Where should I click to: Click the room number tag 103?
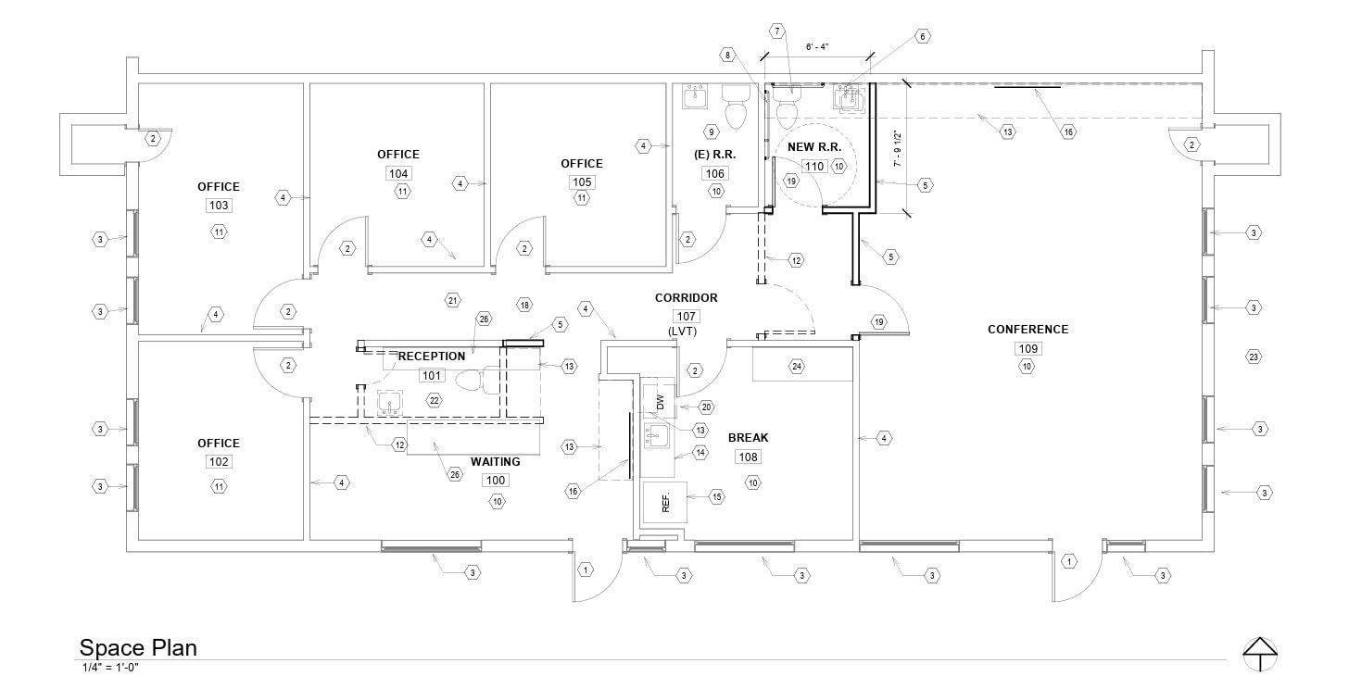pyautogui.click(x=219, y=206)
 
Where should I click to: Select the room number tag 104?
pyautogui.click(x=398, y=173)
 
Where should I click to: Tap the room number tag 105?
pyautogui.click(x=582, y=182)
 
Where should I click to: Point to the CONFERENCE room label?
pyautogui.click(x=1028, y=330)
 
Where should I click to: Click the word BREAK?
pyautogui.click(x=748, y=438)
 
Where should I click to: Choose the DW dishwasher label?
pyautogui.click(x=661, y=403)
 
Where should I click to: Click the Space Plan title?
pyautogui.click(x=138, y=647)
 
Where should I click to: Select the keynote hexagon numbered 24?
pyautogui.click(x=797, y=366)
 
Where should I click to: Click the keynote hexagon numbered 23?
pyautogui.click(x=1254, y=357)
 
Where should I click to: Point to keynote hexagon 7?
pyautogui.click(x=778, y=31)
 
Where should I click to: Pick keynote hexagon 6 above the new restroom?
pyautogui.click(x=922, y=36)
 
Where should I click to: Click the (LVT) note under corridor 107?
pyautogui.click(x=687, y=331)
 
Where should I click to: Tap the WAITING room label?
pyautogui.click(x=496, y=462)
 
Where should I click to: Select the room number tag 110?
pyautogui.click(x=813, y=167)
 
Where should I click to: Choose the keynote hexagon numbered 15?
pyautogui.click(x=717, y=497)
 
